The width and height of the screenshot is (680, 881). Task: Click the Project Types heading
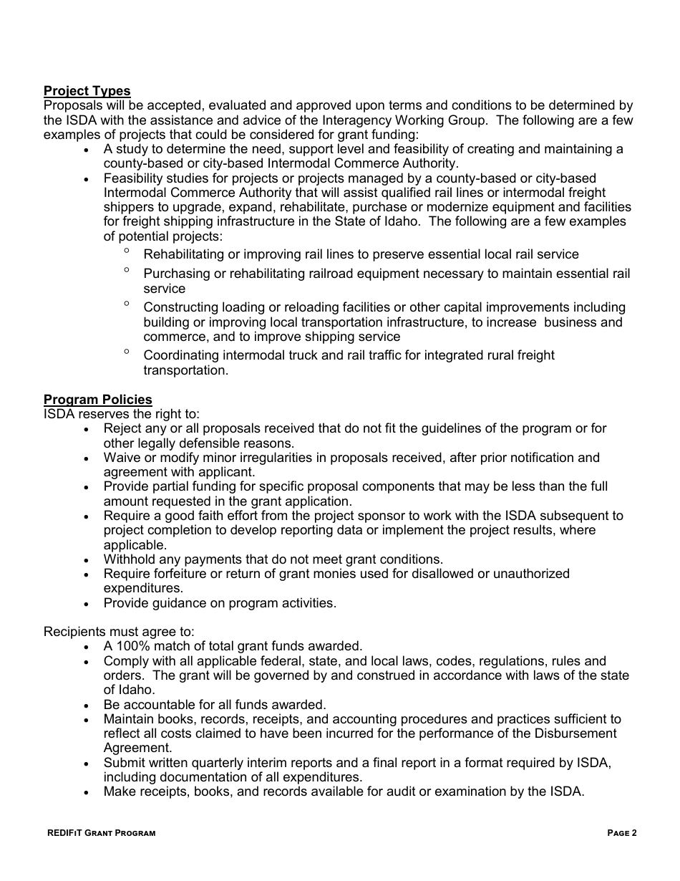pyautogui.click(x=87, y=91)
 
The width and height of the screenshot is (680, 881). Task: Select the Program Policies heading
pyautogui.click(x=97, y=400)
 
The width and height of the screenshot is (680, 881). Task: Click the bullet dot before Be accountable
pyautogui.click(x=87, y=706)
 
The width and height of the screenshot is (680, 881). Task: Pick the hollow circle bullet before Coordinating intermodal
pyautogui.click(x=127, y=352)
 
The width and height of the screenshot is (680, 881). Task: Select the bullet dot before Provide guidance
pyautogui.click(x=87, y=604)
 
